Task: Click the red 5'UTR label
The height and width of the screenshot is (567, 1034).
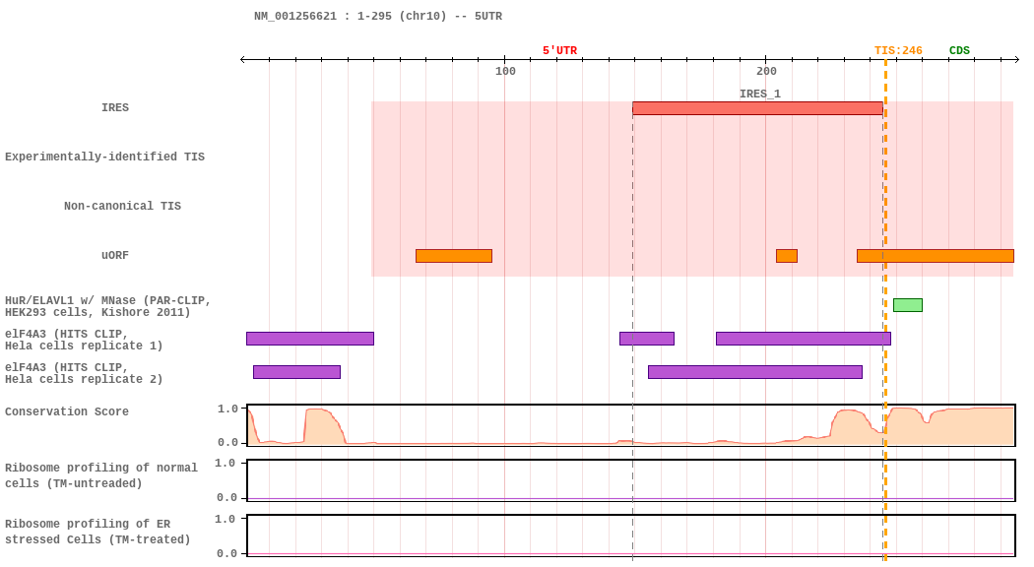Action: point(559,51)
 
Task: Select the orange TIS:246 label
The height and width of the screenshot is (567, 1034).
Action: point(898,51)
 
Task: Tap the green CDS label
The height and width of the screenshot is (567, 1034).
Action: point(959,51)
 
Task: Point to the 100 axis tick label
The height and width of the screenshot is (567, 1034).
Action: point(505,71)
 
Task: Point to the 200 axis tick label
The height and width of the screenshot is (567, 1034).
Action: point(766,71)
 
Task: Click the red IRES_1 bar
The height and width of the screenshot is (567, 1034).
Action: point(757,108)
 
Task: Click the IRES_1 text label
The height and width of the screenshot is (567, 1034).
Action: point(759,94)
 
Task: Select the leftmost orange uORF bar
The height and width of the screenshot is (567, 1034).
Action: point(453,256)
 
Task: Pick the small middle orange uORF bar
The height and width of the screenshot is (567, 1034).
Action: point(786,256)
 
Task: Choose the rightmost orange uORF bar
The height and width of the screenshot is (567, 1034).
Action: point(935,256)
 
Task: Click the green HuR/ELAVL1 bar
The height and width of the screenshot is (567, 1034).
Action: point(907,305)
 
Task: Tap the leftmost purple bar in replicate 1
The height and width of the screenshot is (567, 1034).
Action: point(309,339)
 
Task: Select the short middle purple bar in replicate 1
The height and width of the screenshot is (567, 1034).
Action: point(646,339)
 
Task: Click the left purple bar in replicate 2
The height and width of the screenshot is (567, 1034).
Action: point(296,372)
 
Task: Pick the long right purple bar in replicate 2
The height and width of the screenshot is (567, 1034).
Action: point(754,372)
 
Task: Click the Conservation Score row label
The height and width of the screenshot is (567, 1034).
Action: point(67,412)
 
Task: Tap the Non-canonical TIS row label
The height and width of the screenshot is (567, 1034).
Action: point(122,207)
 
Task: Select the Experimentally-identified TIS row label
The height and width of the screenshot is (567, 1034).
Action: point(104,157)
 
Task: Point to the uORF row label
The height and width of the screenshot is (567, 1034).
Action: point(115,256)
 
